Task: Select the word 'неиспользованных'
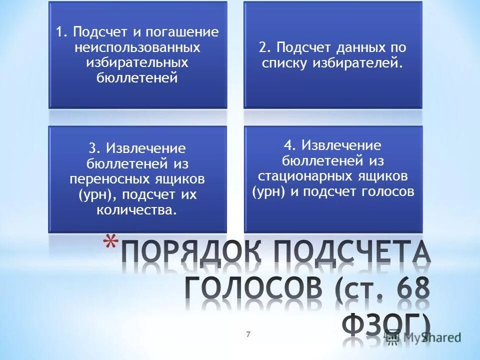pyautogui.click(x=137, y=47)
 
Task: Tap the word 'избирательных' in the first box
pyautogui.click(x=137, y=62)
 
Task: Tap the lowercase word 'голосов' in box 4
pyautogui.click(x=390, y=191)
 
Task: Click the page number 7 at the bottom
pyautogui.click(x=248, y=334)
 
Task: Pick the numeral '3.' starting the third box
pyautogui.click(x=95, y=148)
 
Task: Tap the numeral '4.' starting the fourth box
pyautogui.click(x=290, y=145)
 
